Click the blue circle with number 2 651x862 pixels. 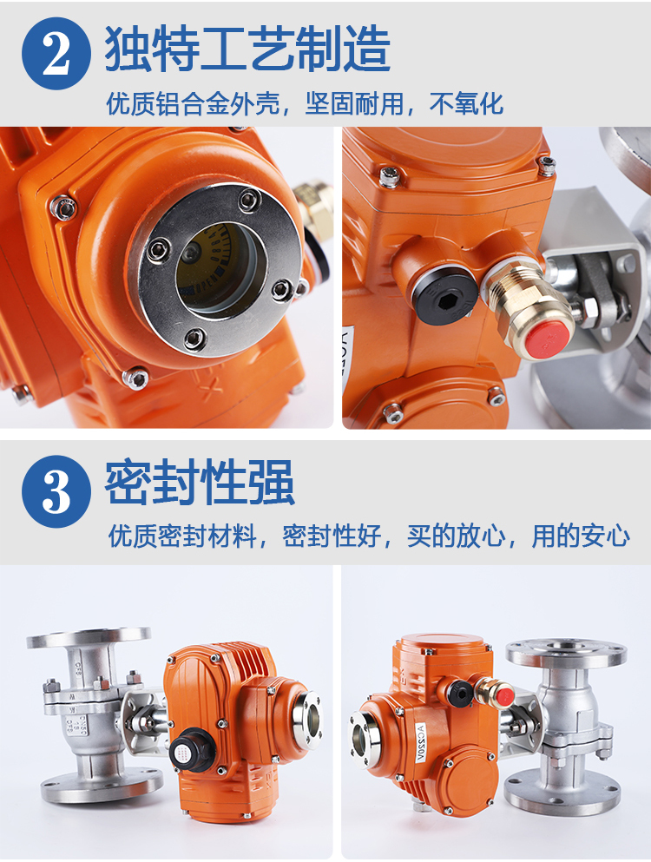click(56, 53)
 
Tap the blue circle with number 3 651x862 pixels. click(56, 491)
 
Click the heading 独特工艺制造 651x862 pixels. click(247, 49)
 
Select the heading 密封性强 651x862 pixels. click(200, 483)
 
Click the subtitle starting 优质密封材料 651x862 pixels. click(368, 536)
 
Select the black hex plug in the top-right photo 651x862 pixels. click(444, 296)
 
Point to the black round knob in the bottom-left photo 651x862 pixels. click(190, 749)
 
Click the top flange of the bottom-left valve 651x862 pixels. click(89, 637)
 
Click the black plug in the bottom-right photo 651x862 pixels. click(459, 693)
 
